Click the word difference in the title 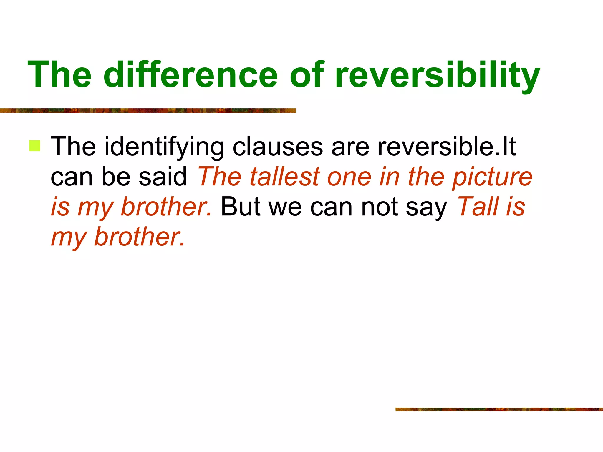191,74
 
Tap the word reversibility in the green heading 437,74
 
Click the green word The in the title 60,74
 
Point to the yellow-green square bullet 35,146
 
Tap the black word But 241,207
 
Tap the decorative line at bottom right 499,409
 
